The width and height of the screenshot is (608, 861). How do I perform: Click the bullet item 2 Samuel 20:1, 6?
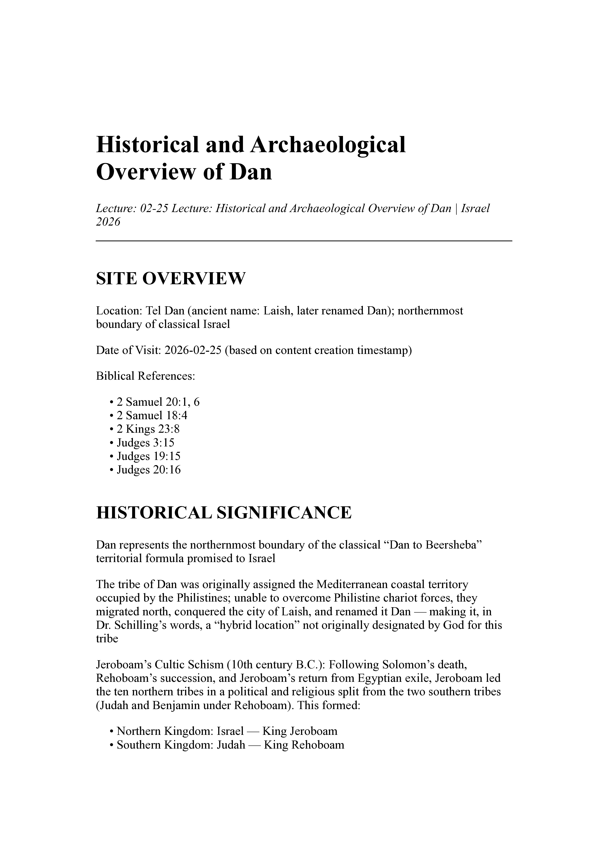coord(158,402)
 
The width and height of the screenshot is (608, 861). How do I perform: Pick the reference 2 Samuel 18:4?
coord(152,416)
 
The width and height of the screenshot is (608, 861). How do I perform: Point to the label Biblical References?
coord(146,376)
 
